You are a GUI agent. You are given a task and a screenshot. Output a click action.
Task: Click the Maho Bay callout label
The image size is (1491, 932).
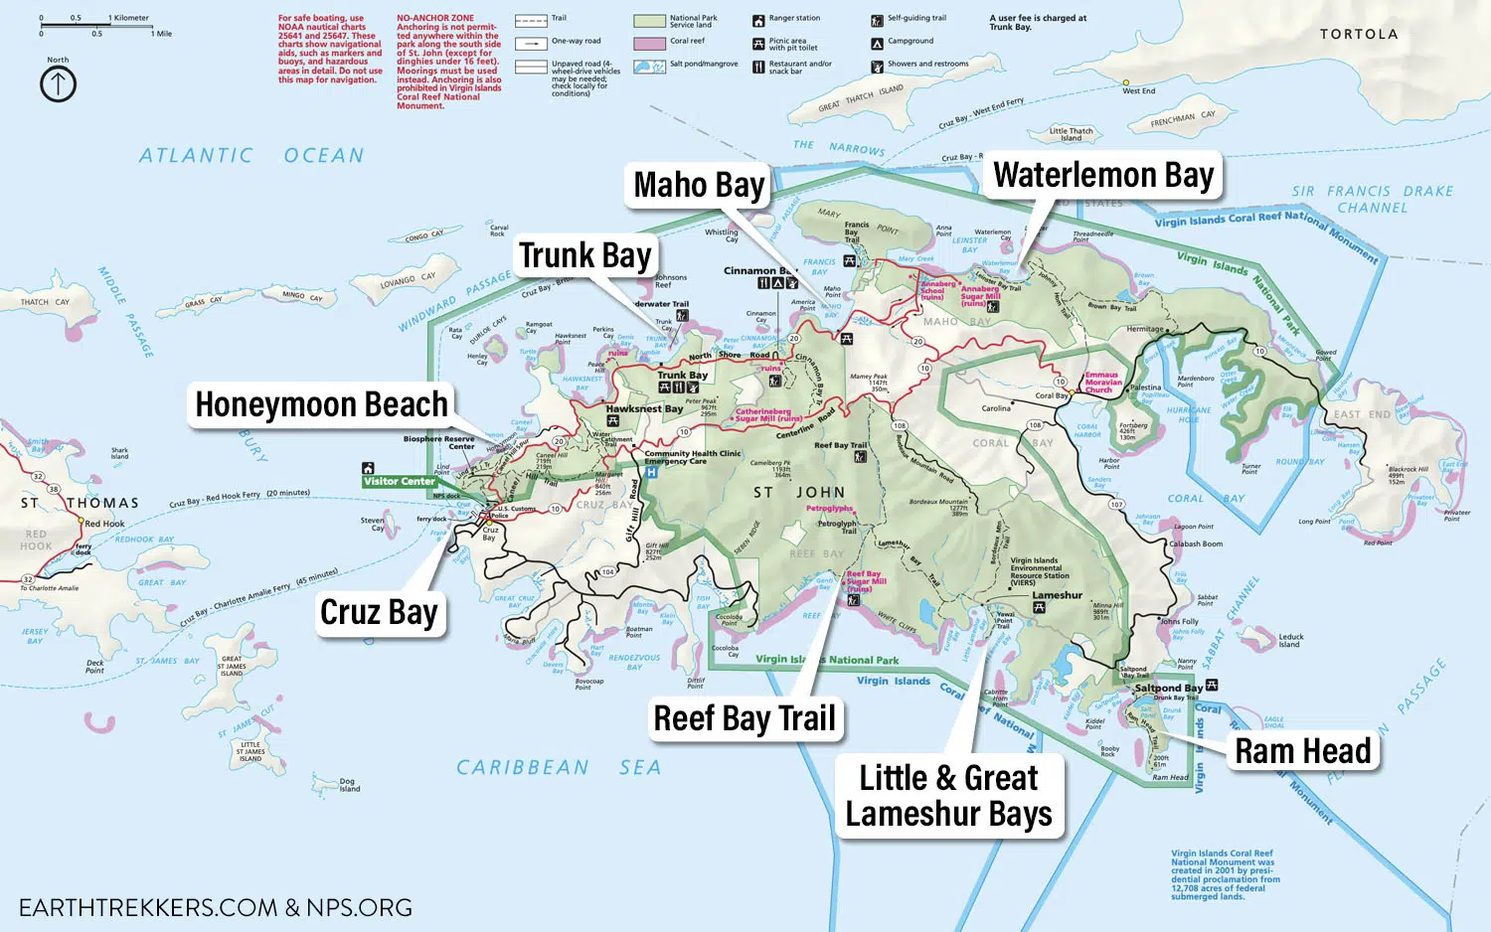click(699, 186)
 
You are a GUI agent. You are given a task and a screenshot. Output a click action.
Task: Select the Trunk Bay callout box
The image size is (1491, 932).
click(584, 256)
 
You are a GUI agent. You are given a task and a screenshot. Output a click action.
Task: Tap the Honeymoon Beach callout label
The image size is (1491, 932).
click(321, 405)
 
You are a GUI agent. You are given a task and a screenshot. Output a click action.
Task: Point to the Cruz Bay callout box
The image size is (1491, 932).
click(378, 613)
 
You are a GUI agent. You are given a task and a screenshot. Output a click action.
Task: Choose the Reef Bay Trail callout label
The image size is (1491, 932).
click(744, 718)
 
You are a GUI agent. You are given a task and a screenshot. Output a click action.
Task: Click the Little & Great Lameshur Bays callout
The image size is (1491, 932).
click(948, 796)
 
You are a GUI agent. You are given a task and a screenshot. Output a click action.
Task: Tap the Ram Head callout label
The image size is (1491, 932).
click(1302, 752)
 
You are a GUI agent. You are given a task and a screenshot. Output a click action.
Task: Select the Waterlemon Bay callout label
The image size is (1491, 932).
click(1103, 176)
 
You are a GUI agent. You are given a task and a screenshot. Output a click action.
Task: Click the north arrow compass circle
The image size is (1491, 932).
click(58, 84)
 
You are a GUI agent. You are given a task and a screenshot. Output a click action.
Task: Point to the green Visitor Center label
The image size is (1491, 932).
click(399, 481)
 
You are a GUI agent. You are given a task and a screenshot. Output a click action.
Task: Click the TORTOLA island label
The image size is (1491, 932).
click(1358, 34)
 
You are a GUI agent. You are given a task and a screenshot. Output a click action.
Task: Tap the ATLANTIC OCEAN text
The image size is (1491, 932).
click(250, 156)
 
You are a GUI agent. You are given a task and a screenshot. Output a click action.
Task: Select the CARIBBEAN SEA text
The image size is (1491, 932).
click(558, 767)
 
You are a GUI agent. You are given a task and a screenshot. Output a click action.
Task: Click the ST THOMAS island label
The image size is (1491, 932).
click(81, 503)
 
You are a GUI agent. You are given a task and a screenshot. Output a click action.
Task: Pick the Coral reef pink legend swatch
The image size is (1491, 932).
click(649, 43)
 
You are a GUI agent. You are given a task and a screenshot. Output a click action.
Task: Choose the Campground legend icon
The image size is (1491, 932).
click(877, 43)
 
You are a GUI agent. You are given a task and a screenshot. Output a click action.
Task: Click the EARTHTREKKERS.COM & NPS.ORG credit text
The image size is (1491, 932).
click(216, 907)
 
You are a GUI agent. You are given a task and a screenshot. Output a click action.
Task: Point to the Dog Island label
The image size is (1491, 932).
click(349, 785)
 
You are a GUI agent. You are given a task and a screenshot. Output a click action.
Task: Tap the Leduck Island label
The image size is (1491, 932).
click(1290, 641)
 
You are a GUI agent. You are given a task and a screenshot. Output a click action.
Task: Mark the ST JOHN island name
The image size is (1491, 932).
click(799, 493)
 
